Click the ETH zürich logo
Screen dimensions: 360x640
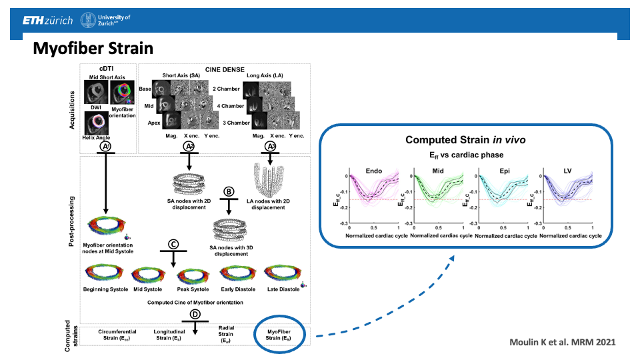(47, 21)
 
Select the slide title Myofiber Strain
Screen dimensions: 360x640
(93, 49)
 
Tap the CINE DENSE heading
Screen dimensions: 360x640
(220, 69)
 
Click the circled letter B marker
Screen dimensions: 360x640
(229, 191)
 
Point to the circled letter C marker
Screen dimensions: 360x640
(173, 244)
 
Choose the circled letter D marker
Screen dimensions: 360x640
(195, 315)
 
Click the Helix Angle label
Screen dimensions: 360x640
(97, 137)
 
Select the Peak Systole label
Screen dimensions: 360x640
(193, 289)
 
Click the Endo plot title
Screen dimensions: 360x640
(374, 170)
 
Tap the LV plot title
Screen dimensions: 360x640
(569, 170)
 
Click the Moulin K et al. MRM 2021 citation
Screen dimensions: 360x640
(563, 342)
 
